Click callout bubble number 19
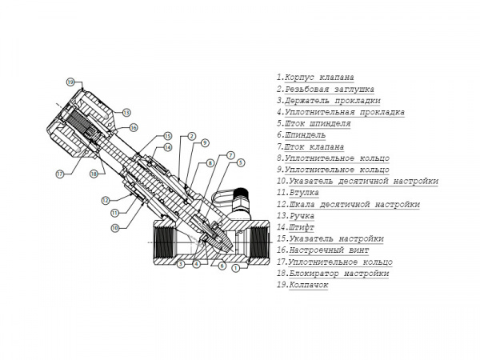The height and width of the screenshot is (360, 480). coord(70,83)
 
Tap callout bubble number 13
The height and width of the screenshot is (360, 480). coord(126,112)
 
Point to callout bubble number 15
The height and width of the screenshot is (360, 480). coord(168,135)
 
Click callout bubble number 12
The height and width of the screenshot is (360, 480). coord(105,199)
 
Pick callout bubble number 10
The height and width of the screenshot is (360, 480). coord(115,227)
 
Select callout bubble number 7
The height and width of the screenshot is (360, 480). coord(230,154)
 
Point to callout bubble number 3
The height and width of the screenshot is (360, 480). coord(181,264)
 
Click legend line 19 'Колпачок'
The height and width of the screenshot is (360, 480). coord(302,285)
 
